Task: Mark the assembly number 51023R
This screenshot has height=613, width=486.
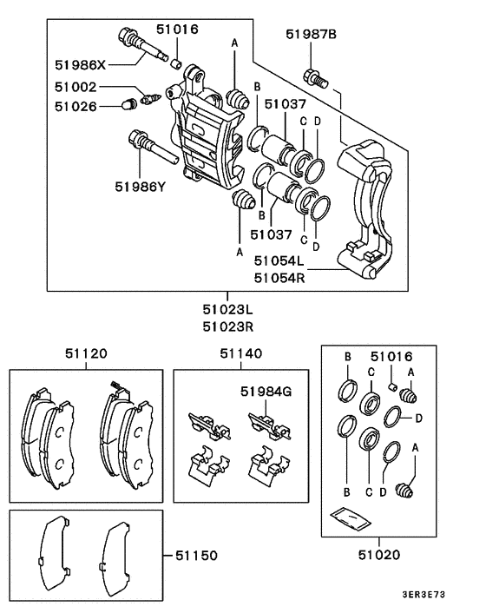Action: [228, 327]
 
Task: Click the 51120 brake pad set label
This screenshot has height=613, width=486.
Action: [86, 353]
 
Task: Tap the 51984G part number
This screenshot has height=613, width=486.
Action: [266, 392]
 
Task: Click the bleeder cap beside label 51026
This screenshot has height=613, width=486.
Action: [126, 107]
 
